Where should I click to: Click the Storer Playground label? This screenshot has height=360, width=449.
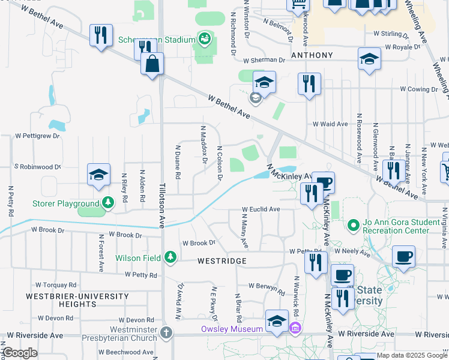65,203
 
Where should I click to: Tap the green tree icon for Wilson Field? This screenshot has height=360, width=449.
170,258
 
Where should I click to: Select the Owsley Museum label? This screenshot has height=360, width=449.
232,329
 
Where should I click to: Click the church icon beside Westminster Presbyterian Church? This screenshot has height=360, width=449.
167,332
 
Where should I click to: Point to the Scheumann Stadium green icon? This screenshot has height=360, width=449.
205,40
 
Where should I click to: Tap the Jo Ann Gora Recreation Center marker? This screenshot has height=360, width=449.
354,227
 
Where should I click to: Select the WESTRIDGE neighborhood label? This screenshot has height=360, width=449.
222,262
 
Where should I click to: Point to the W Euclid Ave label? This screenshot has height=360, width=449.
261,209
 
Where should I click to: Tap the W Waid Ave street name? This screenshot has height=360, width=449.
330,124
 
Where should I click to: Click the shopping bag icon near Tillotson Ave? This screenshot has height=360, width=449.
152,64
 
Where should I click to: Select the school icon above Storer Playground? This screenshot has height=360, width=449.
99,175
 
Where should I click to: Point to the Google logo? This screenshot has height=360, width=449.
20,353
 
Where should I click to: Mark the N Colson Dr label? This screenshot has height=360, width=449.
220,163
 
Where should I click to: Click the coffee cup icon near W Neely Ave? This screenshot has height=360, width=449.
404,257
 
